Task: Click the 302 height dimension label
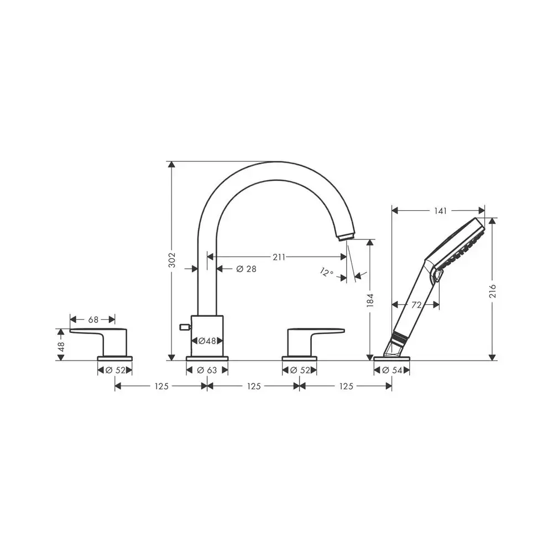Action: click(172, 260)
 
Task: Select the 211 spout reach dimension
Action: click(279, 257)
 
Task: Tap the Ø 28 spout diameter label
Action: click(246, 269)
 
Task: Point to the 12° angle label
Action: click(327, 272)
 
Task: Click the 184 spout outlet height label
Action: click(370, 300)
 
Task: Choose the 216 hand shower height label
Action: click(493, 291)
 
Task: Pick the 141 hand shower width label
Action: click(441, 211)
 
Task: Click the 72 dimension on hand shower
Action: click(416, 305)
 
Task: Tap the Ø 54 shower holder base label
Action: click(392, 371)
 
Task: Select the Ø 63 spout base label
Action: click(207, 371)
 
